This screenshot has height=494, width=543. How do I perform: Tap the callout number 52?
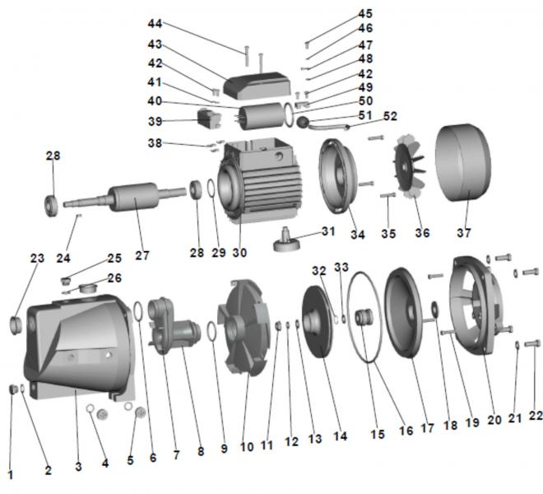coord(390,116)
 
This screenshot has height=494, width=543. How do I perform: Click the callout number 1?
coord(11,474)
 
